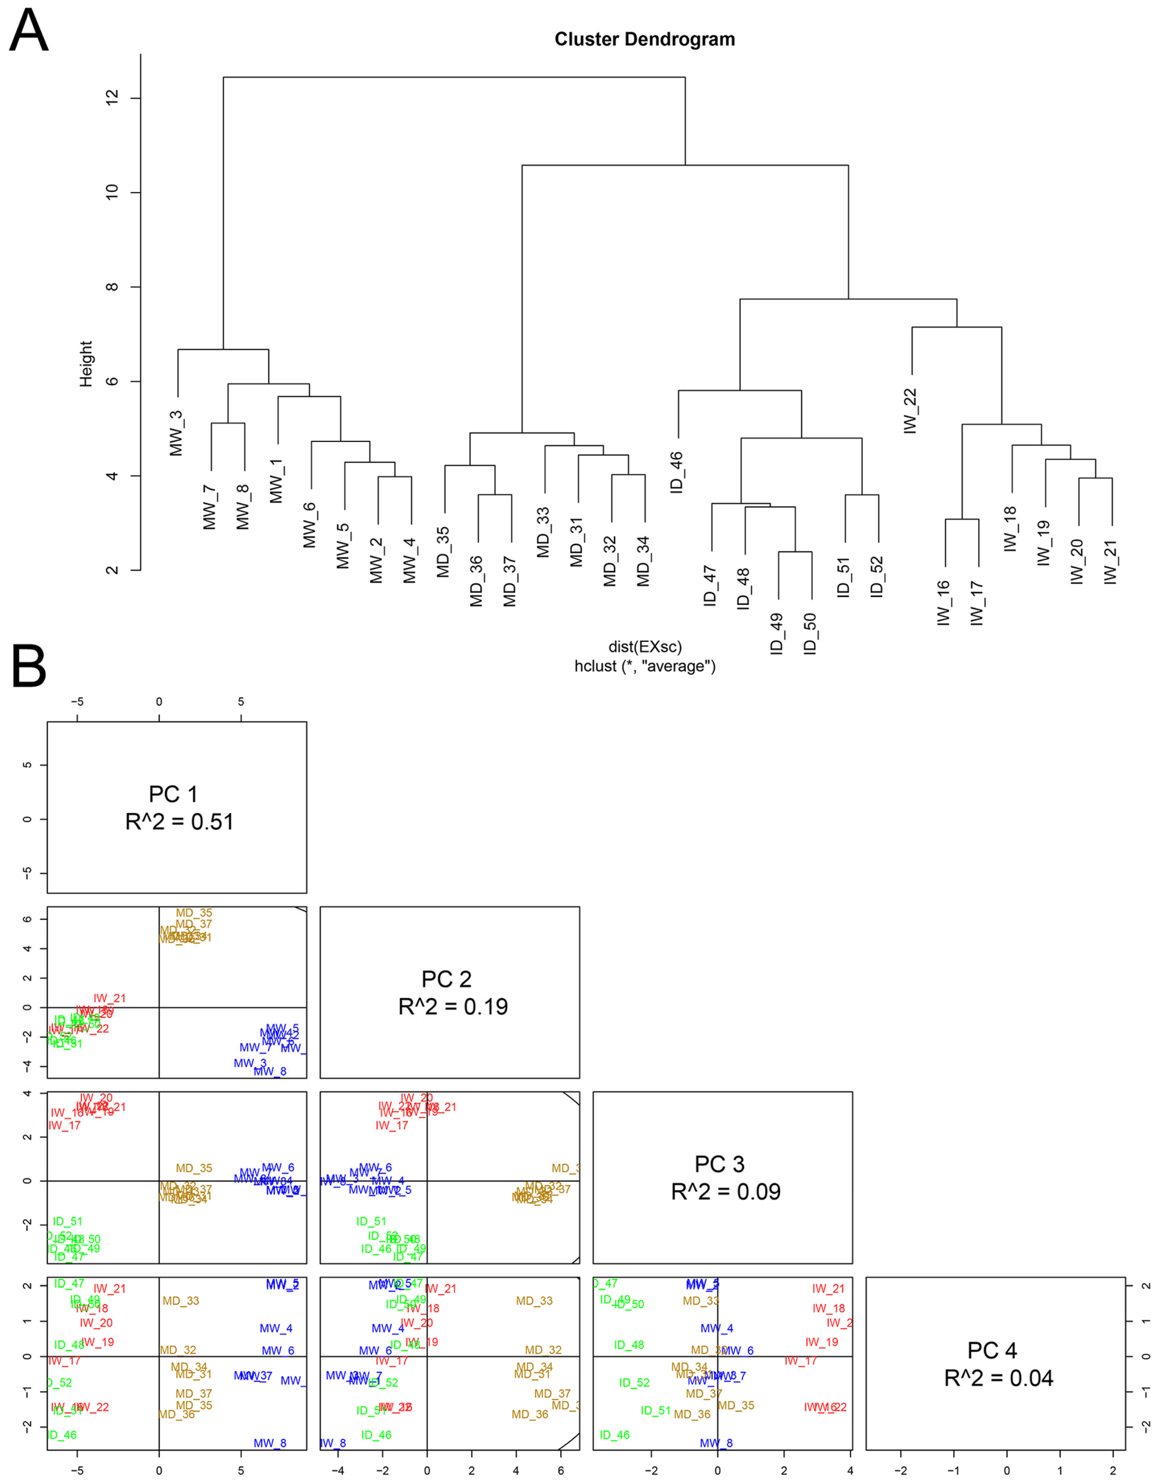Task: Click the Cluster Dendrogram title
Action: tap(644, 40)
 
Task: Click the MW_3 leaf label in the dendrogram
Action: tap(177, 433)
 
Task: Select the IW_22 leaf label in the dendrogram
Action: tap(911, 410)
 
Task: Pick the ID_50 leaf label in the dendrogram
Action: tap(810, 633)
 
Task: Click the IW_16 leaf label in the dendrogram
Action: tap(944, 603)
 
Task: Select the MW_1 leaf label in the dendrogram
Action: tap(276, 481)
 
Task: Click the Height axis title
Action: tap(86, 364)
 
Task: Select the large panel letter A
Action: tap(29, 32)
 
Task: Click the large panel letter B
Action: tap(29, 667)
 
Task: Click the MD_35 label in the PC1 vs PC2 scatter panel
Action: tap(194, 913)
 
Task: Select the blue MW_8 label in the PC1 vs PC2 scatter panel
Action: tap(270, 1071)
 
